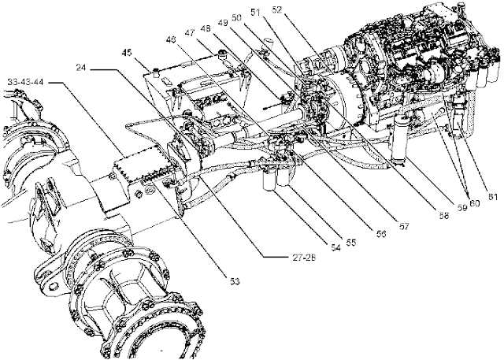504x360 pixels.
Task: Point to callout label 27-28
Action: (280, 256)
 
